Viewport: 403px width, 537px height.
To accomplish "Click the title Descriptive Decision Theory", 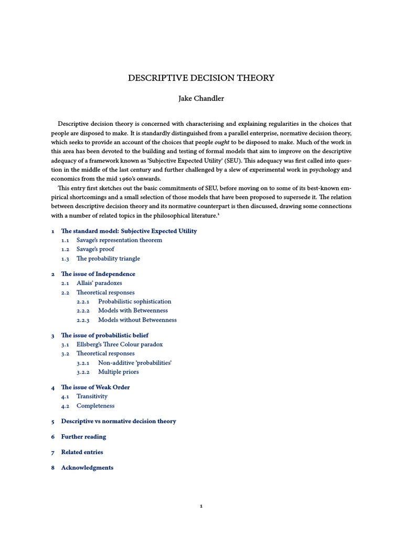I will [201, 78].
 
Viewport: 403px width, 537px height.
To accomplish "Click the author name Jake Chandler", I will [201, 99].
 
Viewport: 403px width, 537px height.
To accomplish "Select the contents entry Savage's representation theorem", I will [119, 240].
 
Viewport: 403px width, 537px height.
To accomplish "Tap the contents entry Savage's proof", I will [95, 249].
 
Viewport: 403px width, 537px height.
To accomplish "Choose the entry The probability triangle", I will [108, 259].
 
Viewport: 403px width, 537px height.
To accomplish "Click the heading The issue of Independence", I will [98, 274].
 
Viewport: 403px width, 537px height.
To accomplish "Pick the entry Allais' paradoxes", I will [99, 283].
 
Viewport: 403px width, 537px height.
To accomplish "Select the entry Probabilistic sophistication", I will [134, 302].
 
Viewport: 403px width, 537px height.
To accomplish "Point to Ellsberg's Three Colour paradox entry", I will [120, 345].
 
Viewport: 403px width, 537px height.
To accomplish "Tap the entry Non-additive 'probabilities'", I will [135, 363].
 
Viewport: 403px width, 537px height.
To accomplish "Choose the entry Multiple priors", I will [118, 372].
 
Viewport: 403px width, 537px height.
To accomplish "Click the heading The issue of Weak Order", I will [95, 387].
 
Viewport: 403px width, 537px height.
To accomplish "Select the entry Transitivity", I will [92, 396].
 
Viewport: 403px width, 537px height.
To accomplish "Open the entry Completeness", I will [95, 406].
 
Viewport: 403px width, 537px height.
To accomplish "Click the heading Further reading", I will [83, 436].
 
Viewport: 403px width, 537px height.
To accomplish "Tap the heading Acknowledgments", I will [87, 467].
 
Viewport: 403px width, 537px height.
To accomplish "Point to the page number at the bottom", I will [201, 506].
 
